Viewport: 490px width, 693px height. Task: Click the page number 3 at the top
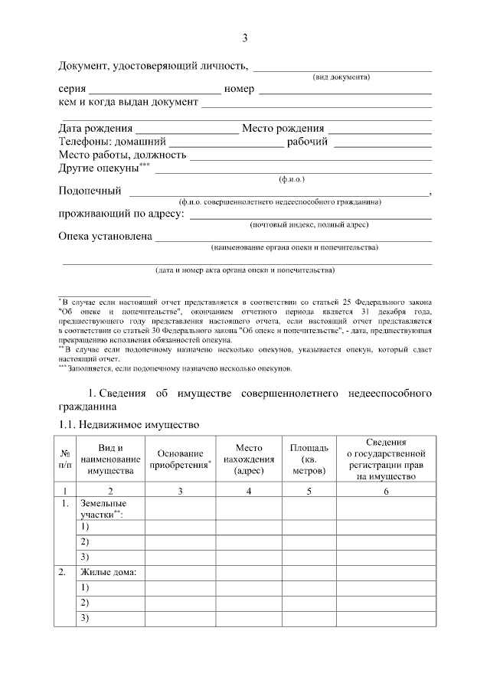[245, 38]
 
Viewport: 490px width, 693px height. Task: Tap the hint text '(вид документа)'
[341, 77]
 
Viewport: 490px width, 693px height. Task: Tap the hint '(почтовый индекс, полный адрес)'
[309, 225]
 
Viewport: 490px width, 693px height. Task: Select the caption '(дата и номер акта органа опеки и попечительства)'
[245, 270]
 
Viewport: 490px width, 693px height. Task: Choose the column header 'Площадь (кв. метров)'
[309, 459]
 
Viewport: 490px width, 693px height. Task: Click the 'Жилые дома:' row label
[107, 572]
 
